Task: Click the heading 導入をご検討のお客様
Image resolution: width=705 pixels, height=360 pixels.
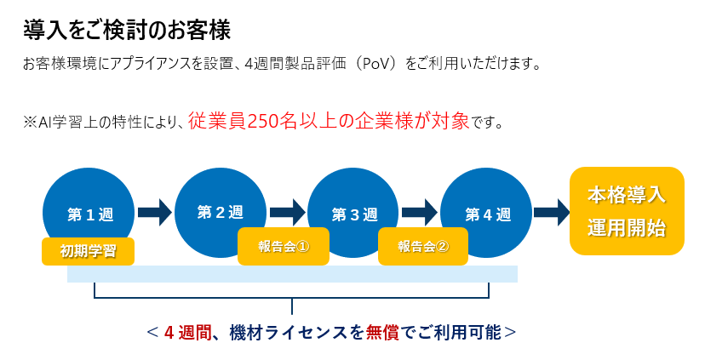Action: (127, 30)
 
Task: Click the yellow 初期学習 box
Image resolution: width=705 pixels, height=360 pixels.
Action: (89, 251)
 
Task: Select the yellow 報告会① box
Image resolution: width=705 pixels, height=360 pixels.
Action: (284, 246)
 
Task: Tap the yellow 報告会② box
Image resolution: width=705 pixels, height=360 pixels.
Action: (423, 246)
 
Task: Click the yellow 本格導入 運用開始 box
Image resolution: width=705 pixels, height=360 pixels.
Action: (627, 211)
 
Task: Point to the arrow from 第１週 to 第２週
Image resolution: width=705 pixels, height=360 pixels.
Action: (155, 213)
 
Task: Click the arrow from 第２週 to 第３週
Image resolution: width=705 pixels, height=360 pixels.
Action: (287, 213)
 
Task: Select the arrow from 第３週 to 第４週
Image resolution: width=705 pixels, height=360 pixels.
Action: (420, 213)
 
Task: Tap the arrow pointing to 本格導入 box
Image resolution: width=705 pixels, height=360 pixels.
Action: (552, 213)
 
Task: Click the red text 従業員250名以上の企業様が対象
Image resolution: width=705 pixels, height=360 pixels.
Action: (329, 121)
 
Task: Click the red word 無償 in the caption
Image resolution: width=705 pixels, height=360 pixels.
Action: (382, 333)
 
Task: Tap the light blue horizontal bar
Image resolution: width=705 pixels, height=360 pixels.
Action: (292, 274)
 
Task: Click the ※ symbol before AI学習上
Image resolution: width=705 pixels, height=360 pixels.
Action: (30, 123)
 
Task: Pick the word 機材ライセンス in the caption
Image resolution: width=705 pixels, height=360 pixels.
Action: (288, 333)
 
